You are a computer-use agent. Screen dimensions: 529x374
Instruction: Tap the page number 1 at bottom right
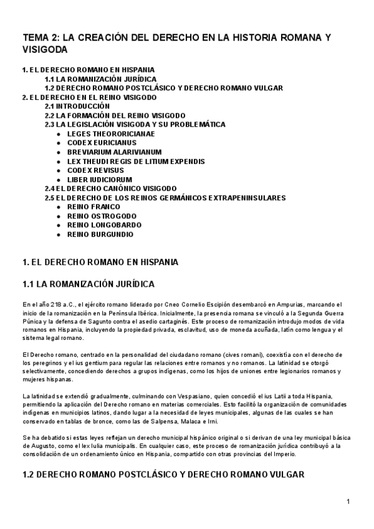(348, 502)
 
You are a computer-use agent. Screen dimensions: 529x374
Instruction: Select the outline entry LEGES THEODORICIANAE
(111, 133)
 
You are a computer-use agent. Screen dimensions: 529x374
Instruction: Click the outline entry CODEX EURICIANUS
(102, 143)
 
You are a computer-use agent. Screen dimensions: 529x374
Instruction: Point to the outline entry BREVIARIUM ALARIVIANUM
(114, 152)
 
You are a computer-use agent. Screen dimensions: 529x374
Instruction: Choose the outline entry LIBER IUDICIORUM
(99, 180)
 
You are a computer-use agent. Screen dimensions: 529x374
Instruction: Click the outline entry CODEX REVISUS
(95, 170)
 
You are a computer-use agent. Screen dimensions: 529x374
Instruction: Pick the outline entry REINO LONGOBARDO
(104, 225)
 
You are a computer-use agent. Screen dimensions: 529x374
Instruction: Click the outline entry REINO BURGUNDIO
(100, 234)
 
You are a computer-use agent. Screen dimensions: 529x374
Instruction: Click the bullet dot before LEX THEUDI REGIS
(59, 162)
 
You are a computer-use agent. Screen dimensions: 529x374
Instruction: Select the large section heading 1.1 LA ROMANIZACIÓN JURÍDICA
(88, 284)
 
